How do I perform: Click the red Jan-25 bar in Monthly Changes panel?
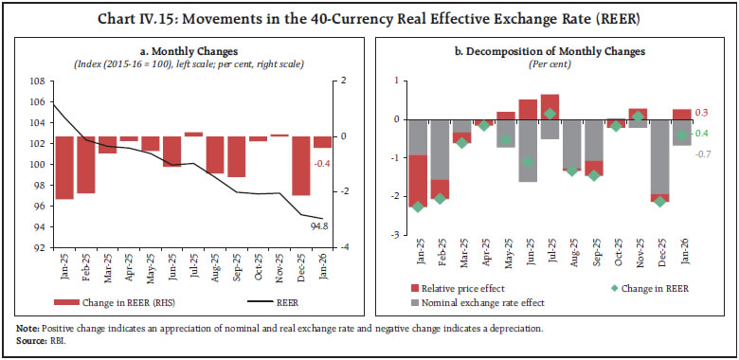64,168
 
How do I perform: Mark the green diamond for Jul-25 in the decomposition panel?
550,114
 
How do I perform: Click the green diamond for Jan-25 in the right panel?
418,207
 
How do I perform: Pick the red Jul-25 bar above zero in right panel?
550,107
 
